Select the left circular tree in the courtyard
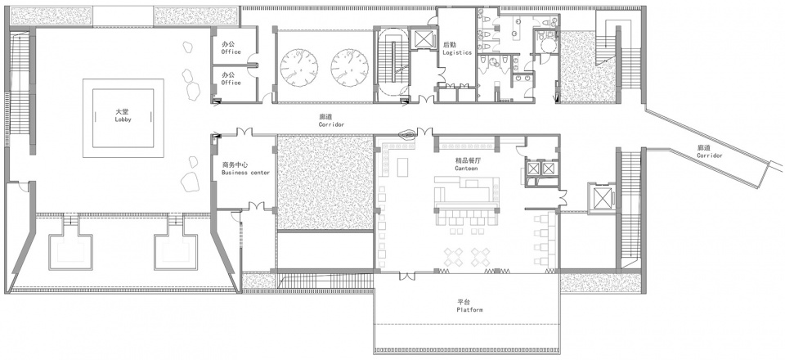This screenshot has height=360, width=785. [299, 68]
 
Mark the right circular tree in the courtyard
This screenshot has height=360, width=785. [349, 68]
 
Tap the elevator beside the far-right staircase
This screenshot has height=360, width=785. [602, 198]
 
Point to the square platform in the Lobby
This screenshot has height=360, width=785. [123, 118]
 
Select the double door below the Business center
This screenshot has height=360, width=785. [256, 206]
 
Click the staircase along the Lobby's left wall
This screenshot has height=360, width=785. [20, 83]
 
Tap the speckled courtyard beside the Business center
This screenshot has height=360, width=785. [325, 182]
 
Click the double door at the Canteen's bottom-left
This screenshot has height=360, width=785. [407, 276]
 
